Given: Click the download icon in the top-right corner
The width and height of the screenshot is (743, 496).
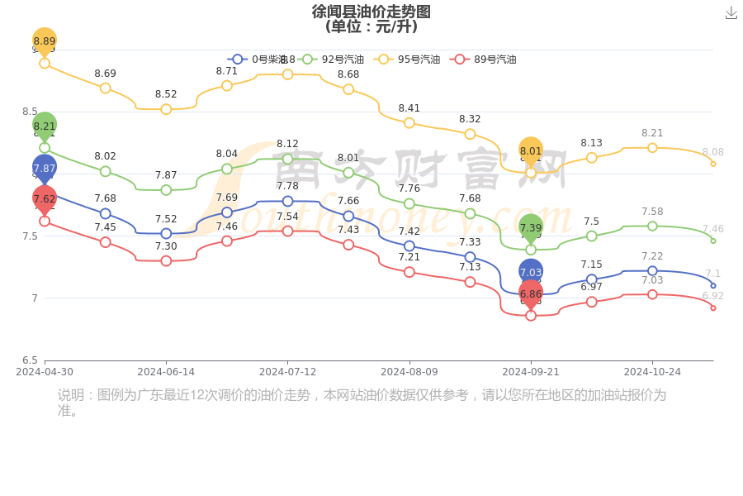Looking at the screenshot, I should (731, 12).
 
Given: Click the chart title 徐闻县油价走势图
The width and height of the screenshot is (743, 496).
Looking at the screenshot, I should (371, 12).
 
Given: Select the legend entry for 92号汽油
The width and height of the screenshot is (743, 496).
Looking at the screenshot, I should (332, 60).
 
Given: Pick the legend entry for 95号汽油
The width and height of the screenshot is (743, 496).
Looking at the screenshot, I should (408, 60).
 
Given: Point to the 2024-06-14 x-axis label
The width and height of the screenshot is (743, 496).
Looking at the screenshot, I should (166, 372).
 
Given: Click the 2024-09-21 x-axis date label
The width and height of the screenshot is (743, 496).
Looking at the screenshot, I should (531, 372).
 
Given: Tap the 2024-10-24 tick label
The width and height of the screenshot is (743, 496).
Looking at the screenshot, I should (652, 372).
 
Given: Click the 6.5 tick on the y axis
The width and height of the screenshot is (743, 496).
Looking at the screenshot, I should (30, 360).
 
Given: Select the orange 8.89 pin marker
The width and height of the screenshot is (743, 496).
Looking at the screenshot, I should (45, 41).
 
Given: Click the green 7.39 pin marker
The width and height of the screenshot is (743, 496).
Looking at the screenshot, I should (531, 228).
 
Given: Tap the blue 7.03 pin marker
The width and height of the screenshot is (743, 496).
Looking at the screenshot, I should (531, 272).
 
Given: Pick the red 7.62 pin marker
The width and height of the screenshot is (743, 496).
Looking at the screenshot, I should (45, 199).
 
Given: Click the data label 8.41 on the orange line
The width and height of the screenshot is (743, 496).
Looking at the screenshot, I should (409, 108).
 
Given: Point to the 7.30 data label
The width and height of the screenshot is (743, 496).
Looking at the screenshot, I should (166, 246).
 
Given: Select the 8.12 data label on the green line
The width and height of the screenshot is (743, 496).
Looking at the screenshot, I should (287, 144).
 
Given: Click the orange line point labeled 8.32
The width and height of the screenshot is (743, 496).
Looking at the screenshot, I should (470, 134).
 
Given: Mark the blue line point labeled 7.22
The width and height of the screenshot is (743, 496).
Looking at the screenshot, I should (652, 270).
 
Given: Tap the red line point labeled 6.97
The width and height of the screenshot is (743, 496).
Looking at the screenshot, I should (591, 302).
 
